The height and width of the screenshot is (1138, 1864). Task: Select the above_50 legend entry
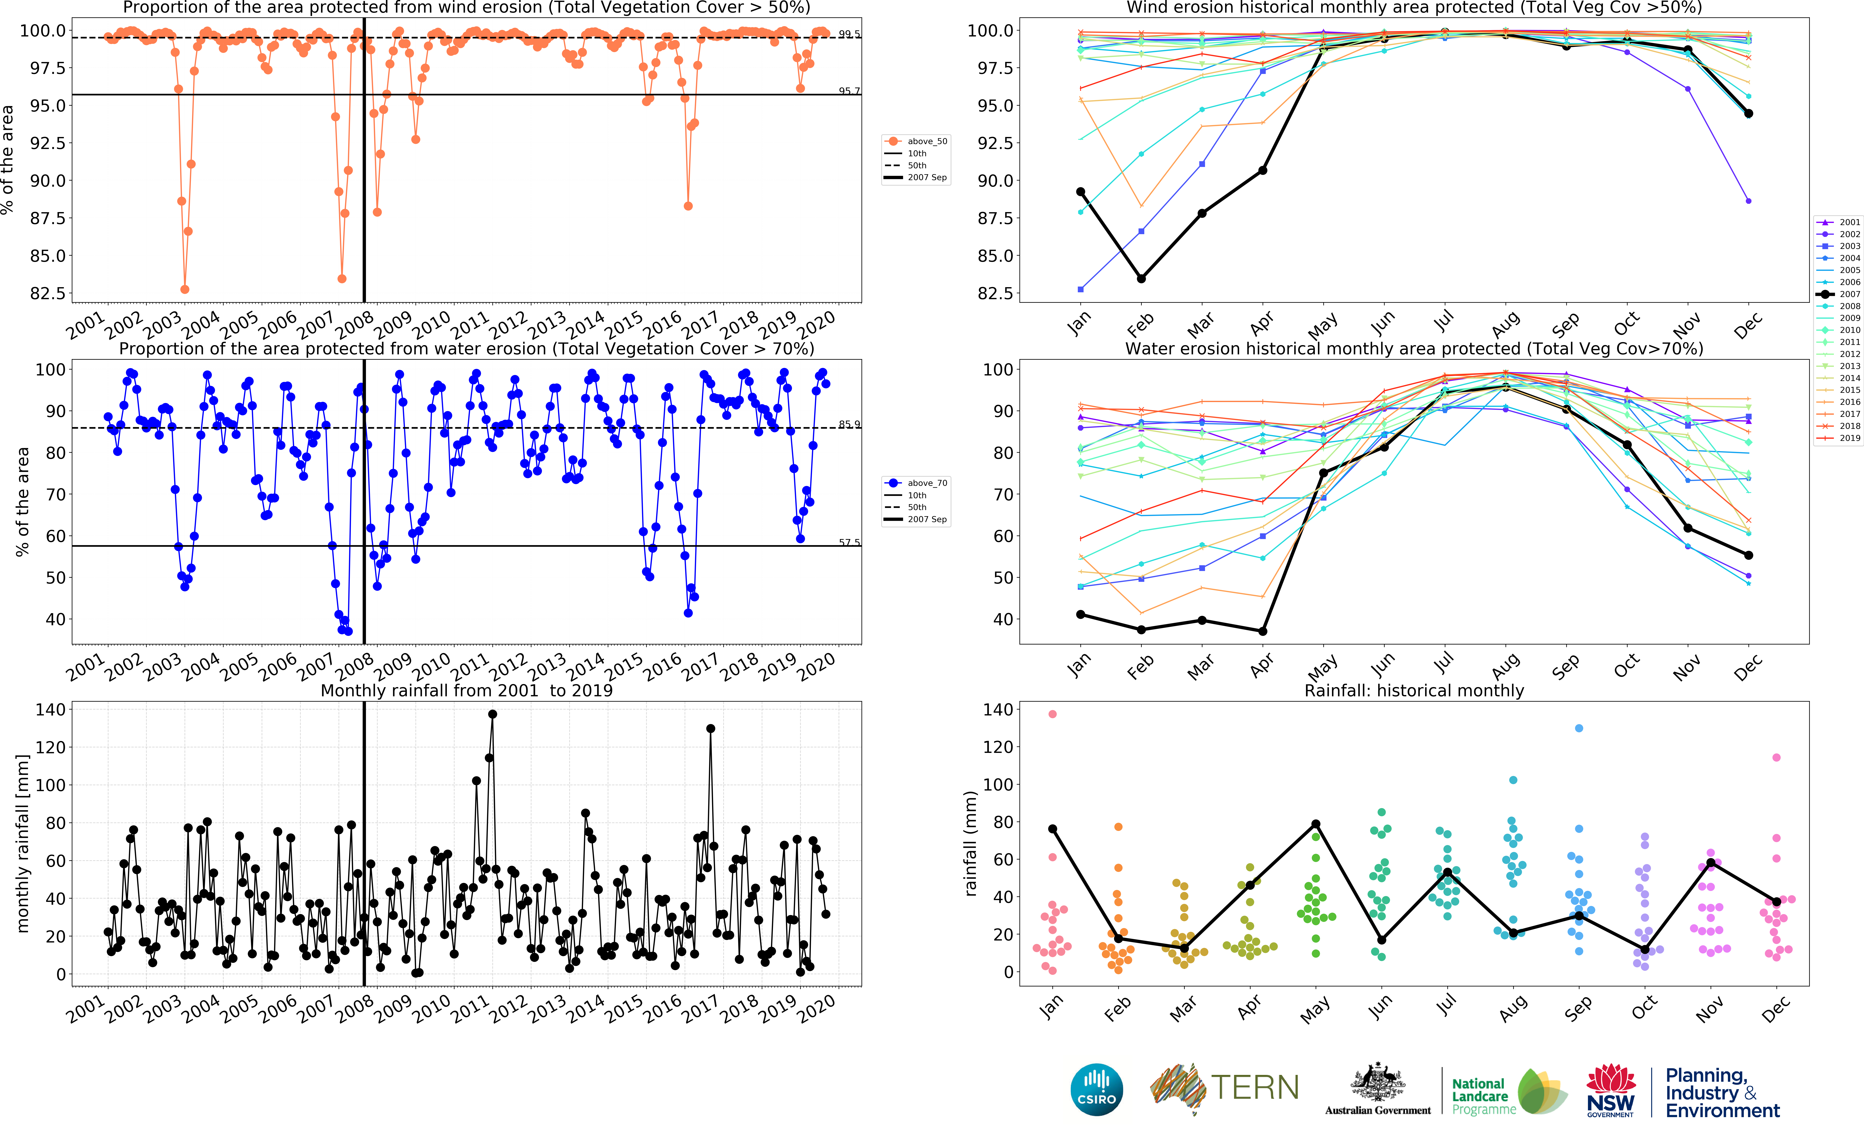pyautogui.click(x=917, y=141)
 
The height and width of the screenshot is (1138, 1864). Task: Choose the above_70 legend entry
pyautogui.click(x=917, y=483)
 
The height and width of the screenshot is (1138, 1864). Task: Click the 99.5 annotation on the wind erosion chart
pyautogui.click(x=849, y=34)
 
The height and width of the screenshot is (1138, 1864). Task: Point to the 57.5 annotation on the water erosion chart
pyautogui.click(x=849, y=542)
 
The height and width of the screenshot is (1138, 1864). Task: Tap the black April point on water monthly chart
pyautogui.click(x=1263, y=631)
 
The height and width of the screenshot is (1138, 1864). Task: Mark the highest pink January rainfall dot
pyautogui.click(x=1052, y=714)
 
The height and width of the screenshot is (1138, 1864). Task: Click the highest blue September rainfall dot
pyautogui.click(x=1579, y=728)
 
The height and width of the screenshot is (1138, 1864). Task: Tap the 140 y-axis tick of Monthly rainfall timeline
pyautogui.click(x=51, y=709)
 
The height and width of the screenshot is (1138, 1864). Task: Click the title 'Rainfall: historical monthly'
pyautogui.click(x=1414, y=690)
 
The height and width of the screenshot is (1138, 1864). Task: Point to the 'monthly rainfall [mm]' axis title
pyautogui.click(x=23, y=843)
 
